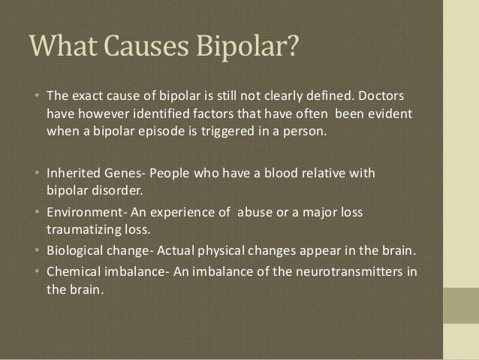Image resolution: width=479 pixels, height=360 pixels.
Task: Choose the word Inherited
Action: tap(74, 175)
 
